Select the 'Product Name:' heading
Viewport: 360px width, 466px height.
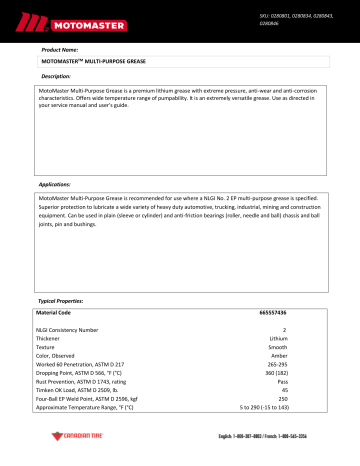(58, 48)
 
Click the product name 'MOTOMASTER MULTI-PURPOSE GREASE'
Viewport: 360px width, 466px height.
(85, 61)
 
